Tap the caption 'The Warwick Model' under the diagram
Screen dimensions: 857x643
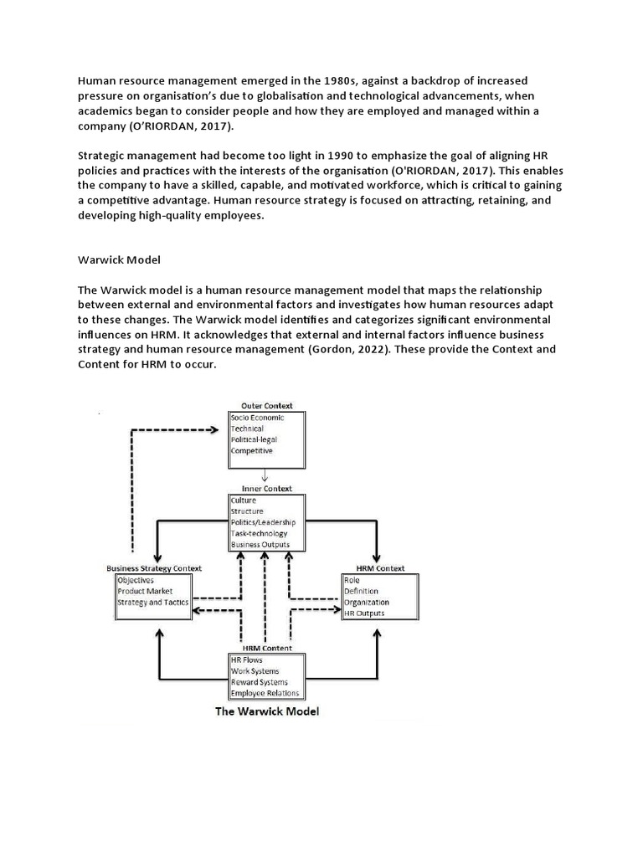click(267, 712)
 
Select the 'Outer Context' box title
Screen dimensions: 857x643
click(266, 406)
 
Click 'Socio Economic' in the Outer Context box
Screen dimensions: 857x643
click(258, 418)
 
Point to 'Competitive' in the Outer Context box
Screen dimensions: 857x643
click(252, 450)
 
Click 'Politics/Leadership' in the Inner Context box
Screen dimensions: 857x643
click(264, 522)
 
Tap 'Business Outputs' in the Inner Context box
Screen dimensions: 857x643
click(261, 545)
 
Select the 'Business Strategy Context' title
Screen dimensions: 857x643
click(154, 568)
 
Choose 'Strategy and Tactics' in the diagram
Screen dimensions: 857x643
click(153, 602)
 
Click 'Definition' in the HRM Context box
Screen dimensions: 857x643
click(361, 591)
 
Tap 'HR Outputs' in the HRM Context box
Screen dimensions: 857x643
click(364, 613)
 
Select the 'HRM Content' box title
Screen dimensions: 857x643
click(266, 649)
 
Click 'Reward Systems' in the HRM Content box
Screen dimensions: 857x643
click(260, 682)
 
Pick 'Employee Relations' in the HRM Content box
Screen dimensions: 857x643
click(265, 694)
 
